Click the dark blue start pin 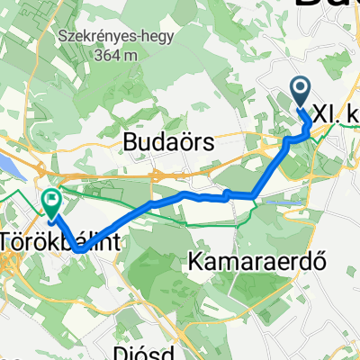(301, 92)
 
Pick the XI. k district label (337, 118)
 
